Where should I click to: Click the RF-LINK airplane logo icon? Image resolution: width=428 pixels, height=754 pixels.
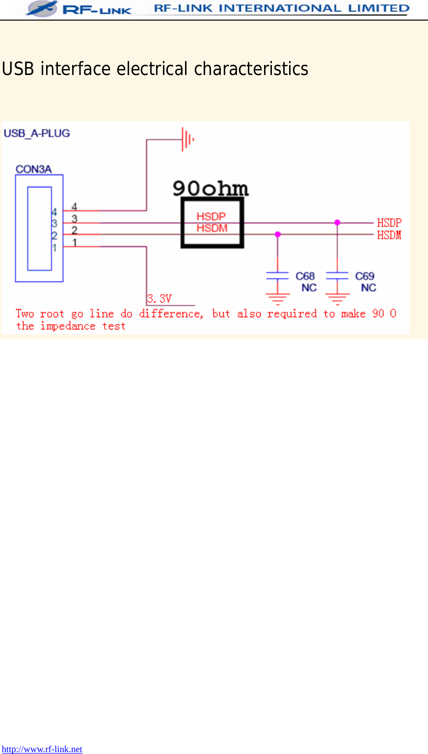(41, 8)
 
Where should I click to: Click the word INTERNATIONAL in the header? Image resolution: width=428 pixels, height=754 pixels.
(280, 8)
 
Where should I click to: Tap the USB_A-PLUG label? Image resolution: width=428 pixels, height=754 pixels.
(37, 133)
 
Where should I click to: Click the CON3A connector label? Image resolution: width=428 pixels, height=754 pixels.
(33, 169)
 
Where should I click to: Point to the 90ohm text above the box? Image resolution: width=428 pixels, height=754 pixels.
(211, 188)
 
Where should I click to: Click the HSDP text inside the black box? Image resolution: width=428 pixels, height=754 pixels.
(211, 217)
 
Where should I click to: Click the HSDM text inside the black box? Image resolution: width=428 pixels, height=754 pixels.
(212, 228)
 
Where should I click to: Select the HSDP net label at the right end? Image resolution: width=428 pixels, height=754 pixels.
(389, 223)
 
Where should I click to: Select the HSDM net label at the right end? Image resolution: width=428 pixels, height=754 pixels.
(389, 235)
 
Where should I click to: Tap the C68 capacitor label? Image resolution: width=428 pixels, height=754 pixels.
(305, 276)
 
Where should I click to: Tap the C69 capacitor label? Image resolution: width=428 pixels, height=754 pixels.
(365, 276)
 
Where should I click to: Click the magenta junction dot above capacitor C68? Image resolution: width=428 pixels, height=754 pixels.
(278, 235)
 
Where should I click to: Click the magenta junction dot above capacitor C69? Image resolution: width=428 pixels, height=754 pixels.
(337, 223)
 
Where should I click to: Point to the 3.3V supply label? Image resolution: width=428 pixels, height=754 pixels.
(160, 299)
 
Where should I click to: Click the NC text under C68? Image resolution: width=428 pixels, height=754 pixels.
(309, 288)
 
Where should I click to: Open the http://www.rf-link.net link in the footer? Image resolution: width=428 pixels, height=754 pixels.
(42, 749)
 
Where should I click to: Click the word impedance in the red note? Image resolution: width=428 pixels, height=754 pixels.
(68, 327)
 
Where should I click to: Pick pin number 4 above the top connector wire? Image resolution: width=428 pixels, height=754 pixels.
(74, 207)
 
